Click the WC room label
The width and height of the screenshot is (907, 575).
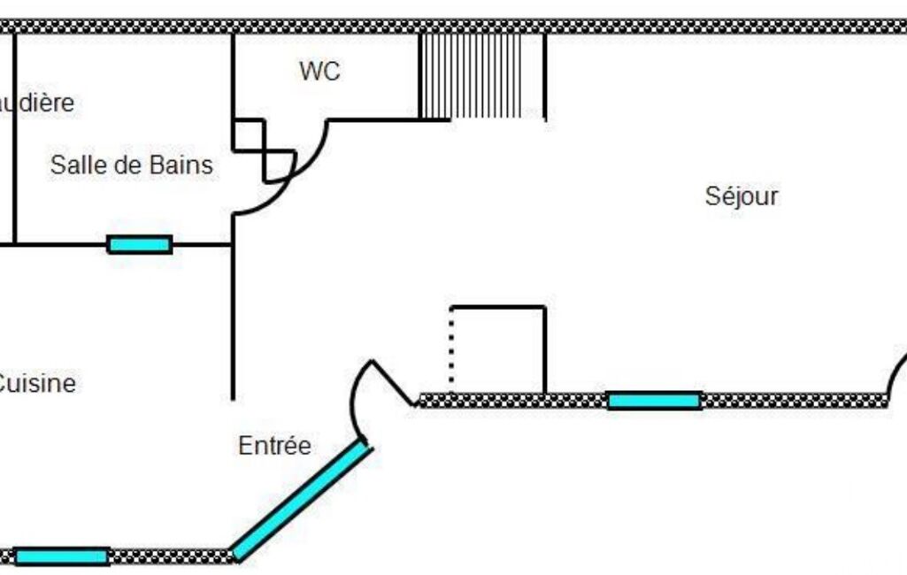tap(319, 72)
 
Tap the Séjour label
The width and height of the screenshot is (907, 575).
tap(742, 195)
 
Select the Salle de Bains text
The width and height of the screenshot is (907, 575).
tap(132, 165)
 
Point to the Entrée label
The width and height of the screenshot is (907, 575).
tap(275, 446)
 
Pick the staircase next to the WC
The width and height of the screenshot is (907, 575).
tap(481, 76)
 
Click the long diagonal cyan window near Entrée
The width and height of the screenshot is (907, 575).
tap(302, 501)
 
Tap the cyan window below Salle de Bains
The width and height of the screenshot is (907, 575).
tap(140, 244)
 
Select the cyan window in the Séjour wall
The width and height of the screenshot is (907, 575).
tap(655, 401)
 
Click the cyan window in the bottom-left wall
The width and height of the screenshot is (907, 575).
tap(62, 556)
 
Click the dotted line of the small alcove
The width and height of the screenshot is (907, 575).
tap(451, 349)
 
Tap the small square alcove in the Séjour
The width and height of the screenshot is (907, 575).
tap(498, 350)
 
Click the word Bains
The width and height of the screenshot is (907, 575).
tap(182, 165)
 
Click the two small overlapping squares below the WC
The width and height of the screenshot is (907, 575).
tap(264, 149)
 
